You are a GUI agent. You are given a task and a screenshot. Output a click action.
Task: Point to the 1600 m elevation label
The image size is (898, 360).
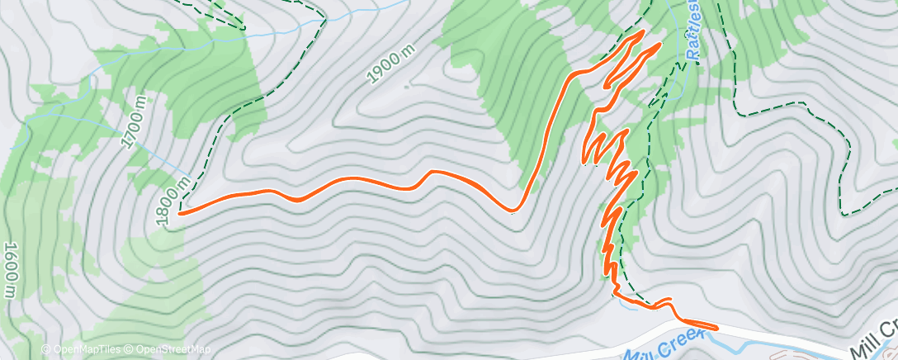(x=11, y=270)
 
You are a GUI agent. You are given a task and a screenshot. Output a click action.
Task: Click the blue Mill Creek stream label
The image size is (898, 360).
(x=663, y=345)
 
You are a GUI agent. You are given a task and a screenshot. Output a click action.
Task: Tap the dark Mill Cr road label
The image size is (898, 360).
(x=876, y=335)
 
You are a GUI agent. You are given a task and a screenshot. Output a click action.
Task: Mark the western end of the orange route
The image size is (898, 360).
(x=179, y=213)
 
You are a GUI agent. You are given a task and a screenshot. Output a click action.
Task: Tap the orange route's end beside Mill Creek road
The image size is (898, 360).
(x=716, y=328)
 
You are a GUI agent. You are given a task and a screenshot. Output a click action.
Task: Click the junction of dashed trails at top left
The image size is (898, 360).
(x=244, y=28)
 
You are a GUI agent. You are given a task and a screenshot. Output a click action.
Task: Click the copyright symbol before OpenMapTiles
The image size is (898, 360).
(x=45, y=349)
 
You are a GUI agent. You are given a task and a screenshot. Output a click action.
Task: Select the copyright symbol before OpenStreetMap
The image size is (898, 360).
(x=130, y=349)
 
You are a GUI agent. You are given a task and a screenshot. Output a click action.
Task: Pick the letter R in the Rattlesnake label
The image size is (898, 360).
(x=694, y=57)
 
